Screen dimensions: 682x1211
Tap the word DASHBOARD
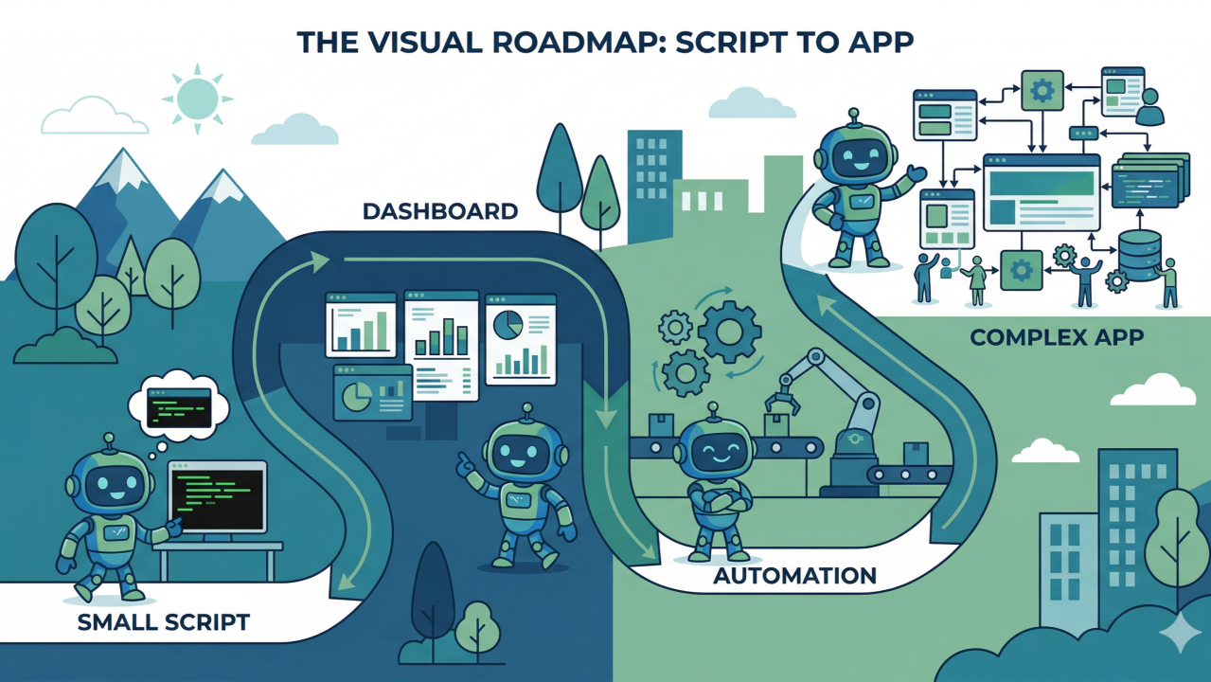(x=440, y=211)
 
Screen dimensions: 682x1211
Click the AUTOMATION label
(x=794, y=575)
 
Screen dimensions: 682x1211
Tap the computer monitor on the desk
(x=217, y=497)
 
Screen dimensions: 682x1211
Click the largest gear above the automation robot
(x=729, y=332)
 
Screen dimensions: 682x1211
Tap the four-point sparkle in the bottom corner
(x=1179, y=632)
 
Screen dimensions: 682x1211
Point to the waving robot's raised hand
(x=916, y=175)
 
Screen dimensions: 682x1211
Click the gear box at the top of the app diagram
(x=1042, y=91)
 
